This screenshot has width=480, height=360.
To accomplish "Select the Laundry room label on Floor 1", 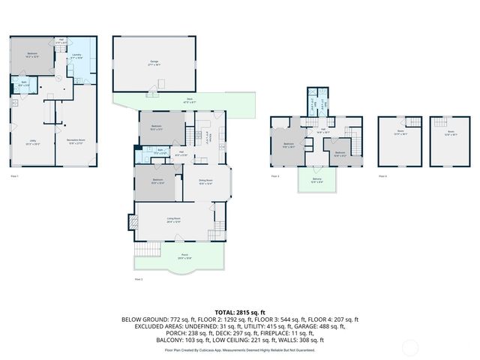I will point(76,55).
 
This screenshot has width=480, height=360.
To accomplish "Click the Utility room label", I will point(33,142).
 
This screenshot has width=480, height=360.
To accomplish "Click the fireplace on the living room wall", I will point(133,222).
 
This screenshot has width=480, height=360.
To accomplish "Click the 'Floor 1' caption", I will point(14,175).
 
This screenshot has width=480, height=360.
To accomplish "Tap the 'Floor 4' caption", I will point(382,175).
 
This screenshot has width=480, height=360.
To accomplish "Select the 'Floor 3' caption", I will point(275,175).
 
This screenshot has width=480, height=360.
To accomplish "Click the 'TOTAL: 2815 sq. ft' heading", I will point(240,312).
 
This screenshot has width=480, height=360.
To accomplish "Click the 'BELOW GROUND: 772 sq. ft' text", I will point(151,319).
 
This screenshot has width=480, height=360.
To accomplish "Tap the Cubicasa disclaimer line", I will point(240,349).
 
